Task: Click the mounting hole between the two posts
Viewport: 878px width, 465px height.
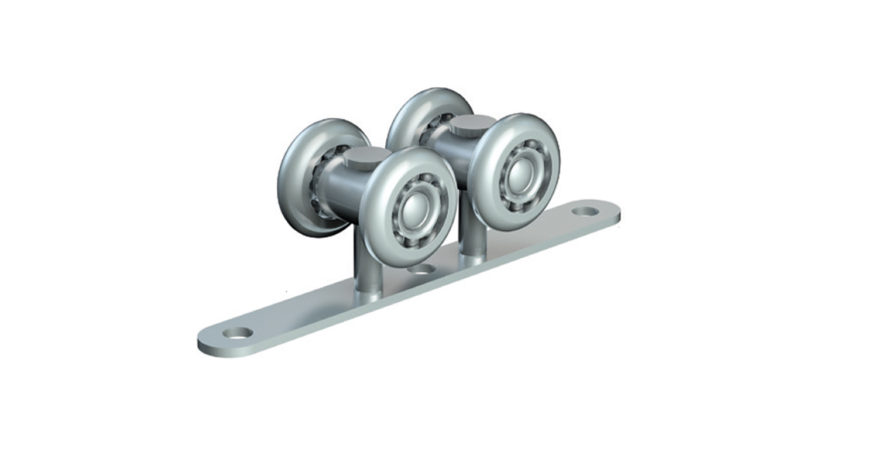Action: point(423,269)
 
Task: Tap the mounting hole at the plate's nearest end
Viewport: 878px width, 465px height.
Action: point(238,333)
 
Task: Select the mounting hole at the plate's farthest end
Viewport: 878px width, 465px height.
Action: point(585,211)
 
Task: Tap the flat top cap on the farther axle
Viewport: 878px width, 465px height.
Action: point(472,123)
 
